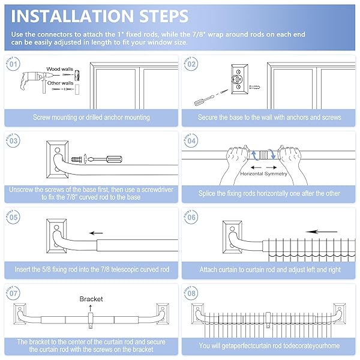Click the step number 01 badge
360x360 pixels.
click(x=13, y=64)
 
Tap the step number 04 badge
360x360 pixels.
click(x=191, y=140)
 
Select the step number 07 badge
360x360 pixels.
click(x=13, y=293)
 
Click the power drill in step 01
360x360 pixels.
click(x=32, y=81)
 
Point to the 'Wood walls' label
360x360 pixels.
click(x=59, y=69)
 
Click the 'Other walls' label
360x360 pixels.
click(x=60, y=83)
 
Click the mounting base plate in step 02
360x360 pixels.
click(x=239, y=79)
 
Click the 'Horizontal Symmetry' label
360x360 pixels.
click(x=263, y=173)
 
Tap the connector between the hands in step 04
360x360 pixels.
click(x=263, y=155)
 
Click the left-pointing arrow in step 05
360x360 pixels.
click(x=96, y=233)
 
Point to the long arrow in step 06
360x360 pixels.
click(x=322, y=232)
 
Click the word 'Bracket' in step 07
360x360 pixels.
click(x=91, y=299)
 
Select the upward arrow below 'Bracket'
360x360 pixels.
click(x=91, y=308)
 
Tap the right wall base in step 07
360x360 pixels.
click(x=163, y=314)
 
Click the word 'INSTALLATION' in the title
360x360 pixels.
click(x=71, y=16)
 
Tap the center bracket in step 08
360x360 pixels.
click(x=268, y=319)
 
